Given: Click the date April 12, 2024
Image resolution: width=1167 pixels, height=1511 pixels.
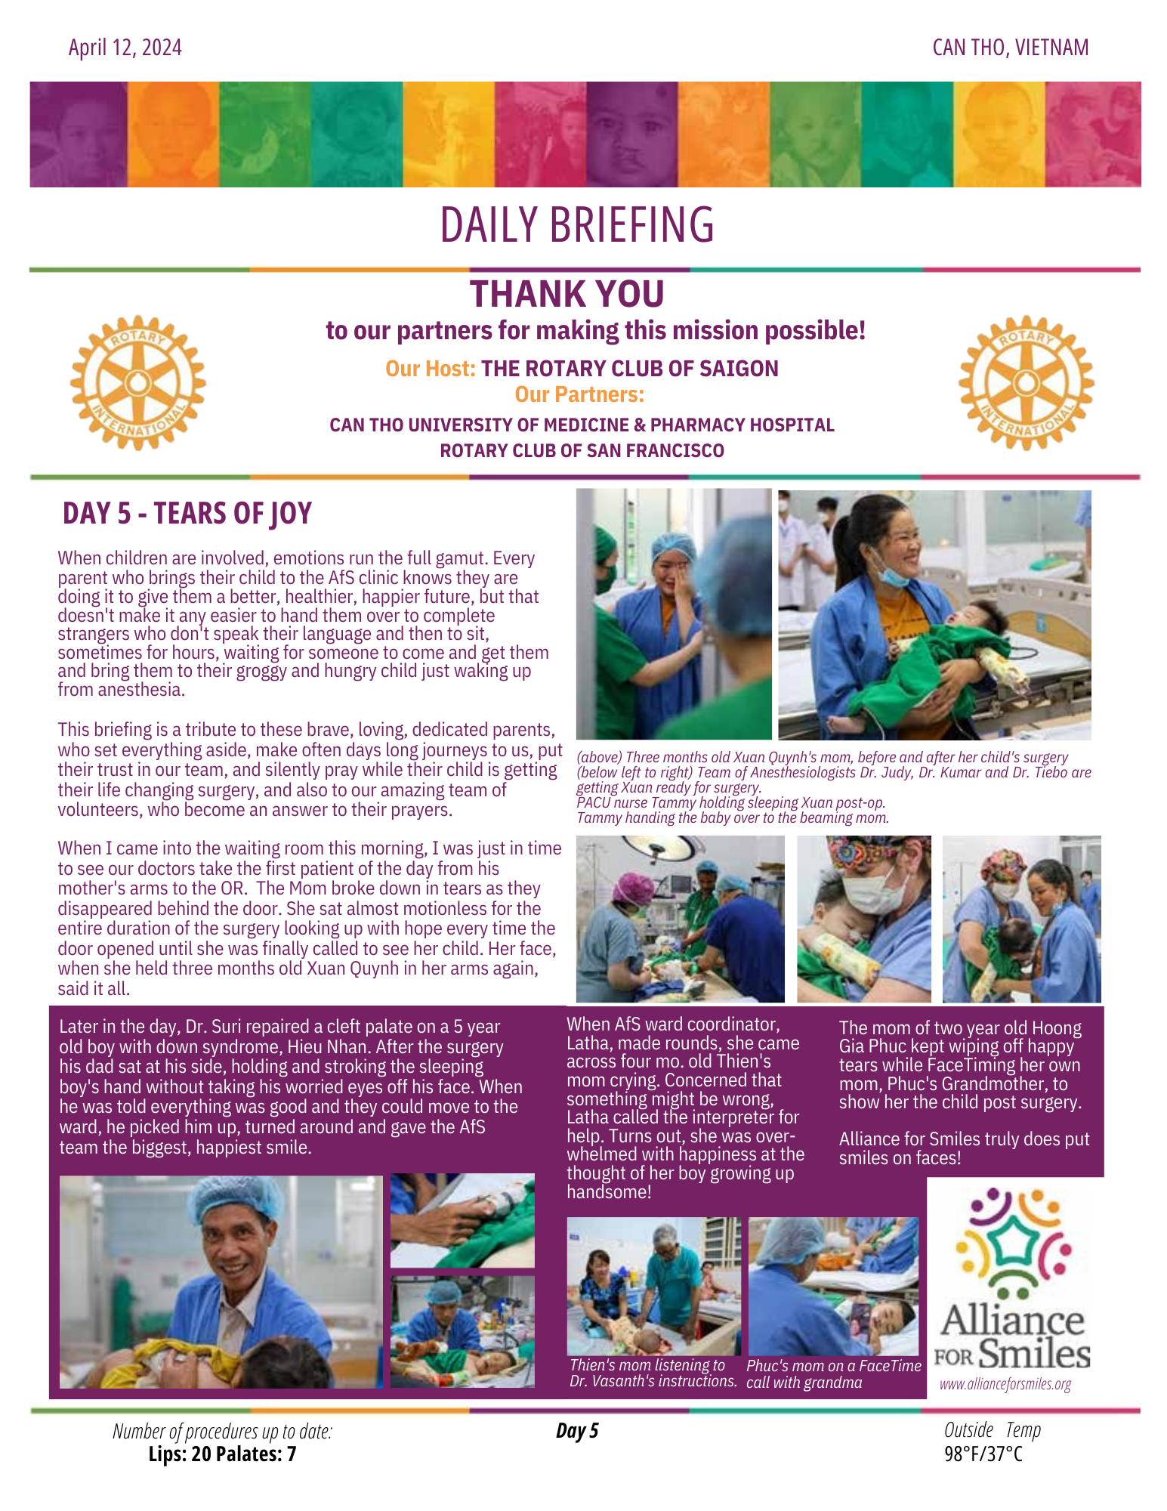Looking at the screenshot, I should (x=125, y=48).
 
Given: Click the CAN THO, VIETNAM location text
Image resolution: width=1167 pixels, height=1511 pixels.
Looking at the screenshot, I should (x=1010, y=48).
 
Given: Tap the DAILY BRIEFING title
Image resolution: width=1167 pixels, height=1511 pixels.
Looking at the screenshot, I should (x=577, y=225).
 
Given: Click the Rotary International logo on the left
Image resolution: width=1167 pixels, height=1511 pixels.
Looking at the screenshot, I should (x=138, y=382).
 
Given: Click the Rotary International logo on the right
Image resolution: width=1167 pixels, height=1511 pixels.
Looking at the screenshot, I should (x=1026, y=382).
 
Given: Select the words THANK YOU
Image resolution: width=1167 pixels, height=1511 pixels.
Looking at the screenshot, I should (x=567, y=294).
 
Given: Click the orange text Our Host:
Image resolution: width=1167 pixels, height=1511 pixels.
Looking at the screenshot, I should (x=431, y=369).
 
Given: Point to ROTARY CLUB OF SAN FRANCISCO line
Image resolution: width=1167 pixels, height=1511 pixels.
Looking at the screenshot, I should (x=582, y=451).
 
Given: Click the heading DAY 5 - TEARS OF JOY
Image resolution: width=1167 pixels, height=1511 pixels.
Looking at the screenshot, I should (x=187, y=514).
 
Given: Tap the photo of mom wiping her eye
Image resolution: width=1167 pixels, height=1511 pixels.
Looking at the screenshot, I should (x=673, y=613).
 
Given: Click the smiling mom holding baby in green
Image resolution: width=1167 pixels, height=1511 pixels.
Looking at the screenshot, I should (x=934, y=614).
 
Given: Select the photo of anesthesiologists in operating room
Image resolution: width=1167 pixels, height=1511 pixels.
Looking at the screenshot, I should (x=680, y=919).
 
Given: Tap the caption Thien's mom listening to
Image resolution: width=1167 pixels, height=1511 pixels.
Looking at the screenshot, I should (x=647, y=1365).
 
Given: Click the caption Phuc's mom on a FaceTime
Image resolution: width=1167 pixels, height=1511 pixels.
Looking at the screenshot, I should (x=833, y=1366).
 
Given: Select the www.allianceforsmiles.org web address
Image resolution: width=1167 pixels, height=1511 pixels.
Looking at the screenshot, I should (x=1005, y=1384).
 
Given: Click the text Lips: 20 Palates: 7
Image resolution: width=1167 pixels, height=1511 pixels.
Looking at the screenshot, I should (x=222, y=1454).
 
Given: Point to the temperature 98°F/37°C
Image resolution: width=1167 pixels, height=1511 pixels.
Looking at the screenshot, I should (x=983, y=1454).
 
